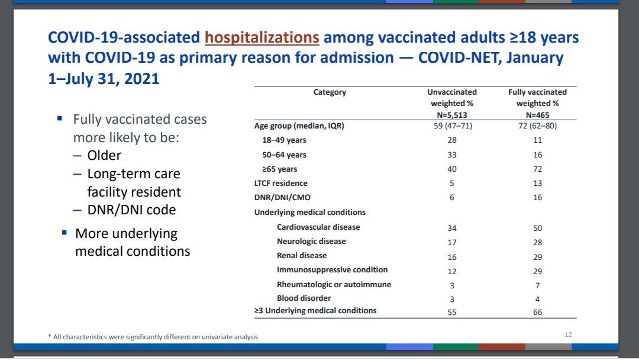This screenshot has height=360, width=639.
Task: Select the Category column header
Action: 330,92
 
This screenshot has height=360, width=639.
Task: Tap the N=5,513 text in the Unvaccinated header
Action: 452,115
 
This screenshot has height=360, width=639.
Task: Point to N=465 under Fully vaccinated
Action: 537,115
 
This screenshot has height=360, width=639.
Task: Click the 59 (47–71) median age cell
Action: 452,126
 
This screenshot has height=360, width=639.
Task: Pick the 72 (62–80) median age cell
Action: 537,126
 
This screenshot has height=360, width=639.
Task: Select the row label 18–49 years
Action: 284,140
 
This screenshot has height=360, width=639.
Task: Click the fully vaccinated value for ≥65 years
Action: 537,169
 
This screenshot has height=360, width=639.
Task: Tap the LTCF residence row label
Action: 281,184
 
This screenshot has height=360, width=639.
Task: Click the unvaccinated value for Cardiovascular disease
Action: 452,228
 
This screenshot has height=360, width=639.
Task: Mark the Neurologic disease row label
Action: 311,242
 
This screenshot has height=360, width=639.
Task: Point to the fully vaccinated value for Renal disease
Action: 537,256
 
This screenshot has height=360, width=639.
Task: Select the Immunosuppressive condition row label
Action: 332,270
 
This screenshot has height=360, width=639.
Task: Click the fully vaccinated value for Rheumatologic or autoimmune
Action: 537,285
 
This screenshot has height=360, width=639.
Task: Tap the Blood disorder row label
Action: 304,298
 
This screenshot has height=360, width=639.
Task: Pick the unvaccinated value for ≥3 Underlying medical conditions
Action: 452,312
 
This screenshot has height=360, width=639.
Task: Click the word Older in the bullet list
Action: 104,156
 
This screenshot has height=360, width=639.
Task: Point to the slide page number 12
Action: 568,335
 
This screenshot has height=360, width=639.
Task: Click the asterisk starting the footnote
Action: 50,337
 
